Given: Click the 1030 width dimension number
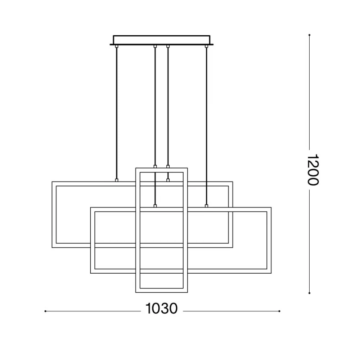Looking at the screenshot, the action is (162, 309).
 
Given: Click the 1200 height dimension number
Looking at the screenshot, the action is (313, 170).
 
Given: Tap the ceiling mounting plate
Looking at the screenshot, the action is (162, 40).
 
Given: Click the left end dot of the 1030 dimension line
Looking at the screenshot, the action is (45, 311).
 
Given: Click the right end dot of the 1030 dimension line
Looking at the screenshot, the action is (279, 311).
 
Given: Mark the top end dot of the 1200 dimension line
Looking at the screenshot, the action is (310, 35).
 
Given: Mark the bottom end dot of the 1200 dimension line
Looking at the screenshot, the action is (310, 293).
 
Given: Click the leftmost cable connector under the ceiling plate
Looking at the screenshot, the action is (117, 46).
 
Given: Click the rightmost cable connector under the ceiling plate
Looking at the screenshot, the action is (206, 46).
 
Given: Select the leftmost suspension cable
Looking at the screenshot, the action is (117, 113).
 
